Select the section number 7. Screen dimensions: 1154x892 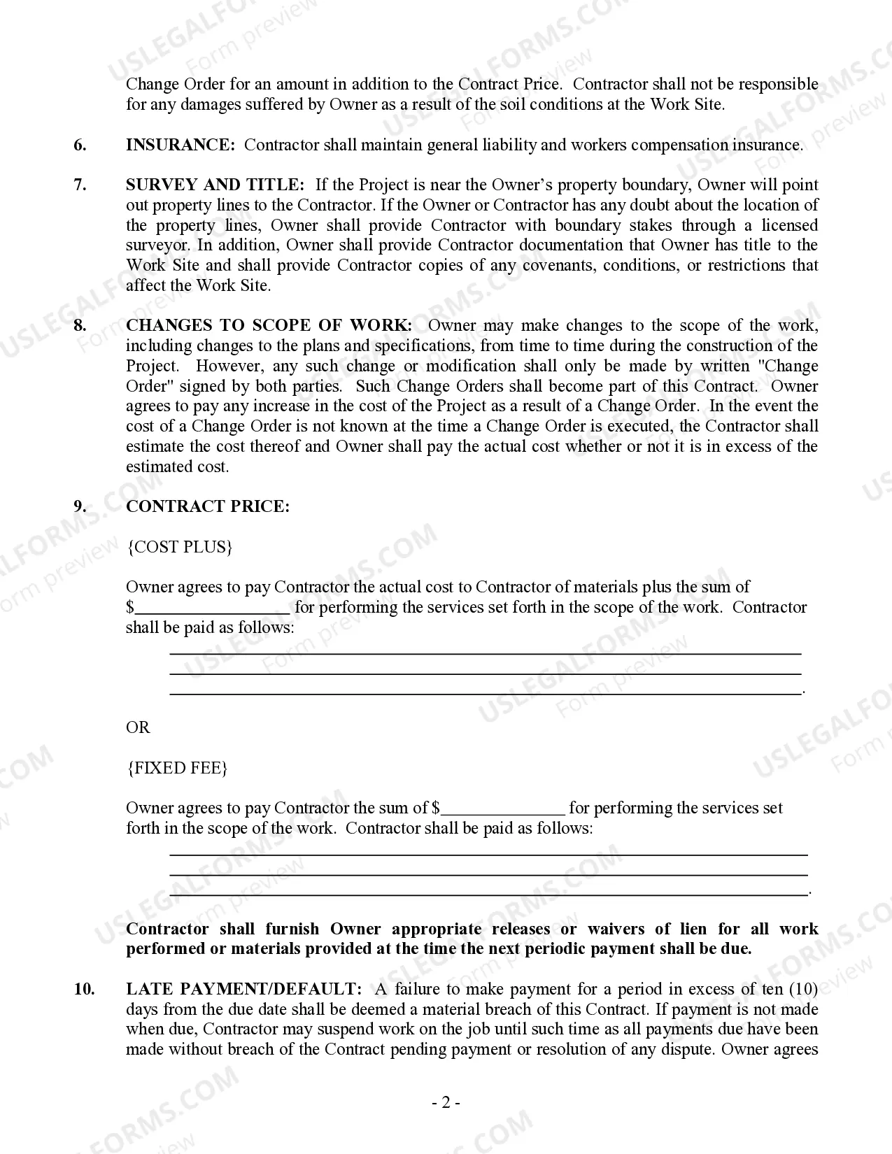coord(80,185)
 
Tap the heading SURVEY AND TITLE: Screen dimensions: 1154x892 coord(215,185)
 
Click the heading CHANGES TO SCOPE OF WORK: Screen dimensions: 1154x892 coord(269,325)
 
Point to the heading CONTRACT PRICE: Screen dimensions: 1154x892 coord(207,506)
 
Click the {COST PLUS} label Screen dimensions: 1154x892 coord(179,547)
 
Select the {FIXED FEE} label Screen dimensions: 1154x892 coord(177,768)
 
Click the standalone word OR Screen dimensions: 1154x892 coord(138,727)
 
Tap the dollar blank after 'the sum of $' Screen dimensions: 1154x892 coord(503,809)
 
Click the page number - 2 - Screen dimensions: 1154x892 coord(446,1103)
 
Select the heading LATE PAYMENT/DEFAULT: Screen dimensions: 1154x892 coord(243,989)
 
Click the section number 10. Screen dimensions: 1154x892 coord(84,989)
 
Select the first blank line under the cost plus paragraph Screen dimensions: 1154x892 coord(486,653)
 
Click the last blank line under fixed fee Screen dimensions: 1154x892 coord(488,894)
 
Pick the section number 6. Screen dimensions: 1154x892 coord(80,145)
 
